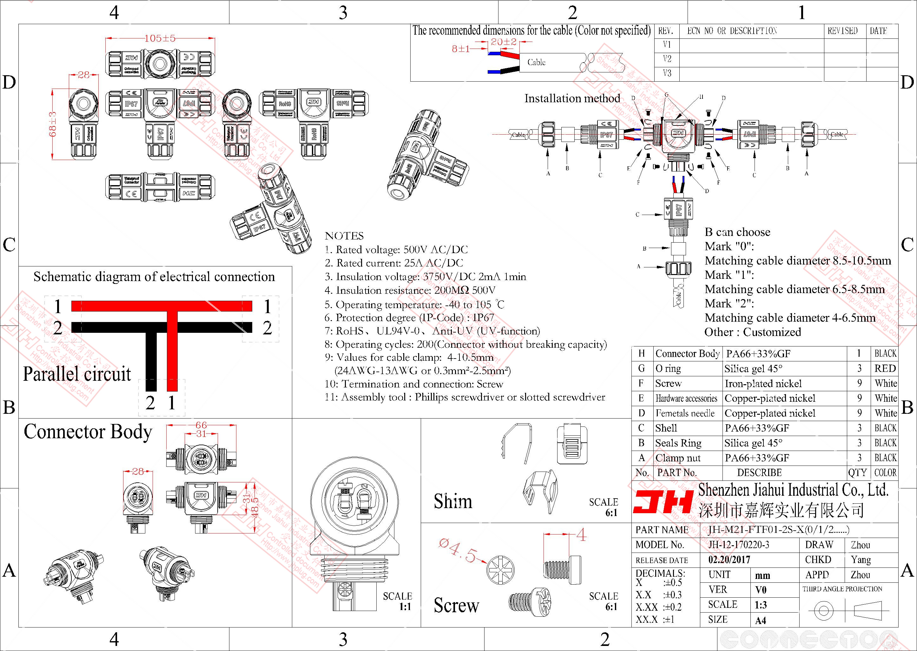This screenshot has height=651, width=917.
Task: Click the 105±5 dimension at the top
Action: coord(160,38)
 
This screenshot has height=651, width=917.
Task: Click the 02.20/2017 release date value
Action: coord(729,560)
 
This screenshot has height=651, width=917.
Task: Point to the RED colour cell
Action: coord(885,368)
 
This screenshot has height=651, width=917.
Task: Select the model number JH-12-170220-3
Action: coord(738,545)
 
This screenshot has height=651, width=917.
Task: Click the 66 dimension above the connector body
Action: coord(201,425)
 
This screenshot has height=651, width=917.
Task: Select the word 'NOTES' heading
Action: coord(344,236)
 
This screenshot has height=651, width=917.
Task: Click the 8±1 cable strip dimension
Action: coord(460,49)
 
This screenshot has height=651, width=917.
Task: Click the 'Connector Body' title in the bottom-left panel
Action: coord(88,432)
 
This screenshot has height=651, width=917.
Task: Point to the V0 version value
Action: coord(761,590)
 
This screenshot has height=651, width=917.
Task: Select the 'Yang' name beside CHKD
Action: coord(861,560)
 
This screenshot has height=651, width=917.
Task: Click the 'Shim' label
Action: coord(452,501)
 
